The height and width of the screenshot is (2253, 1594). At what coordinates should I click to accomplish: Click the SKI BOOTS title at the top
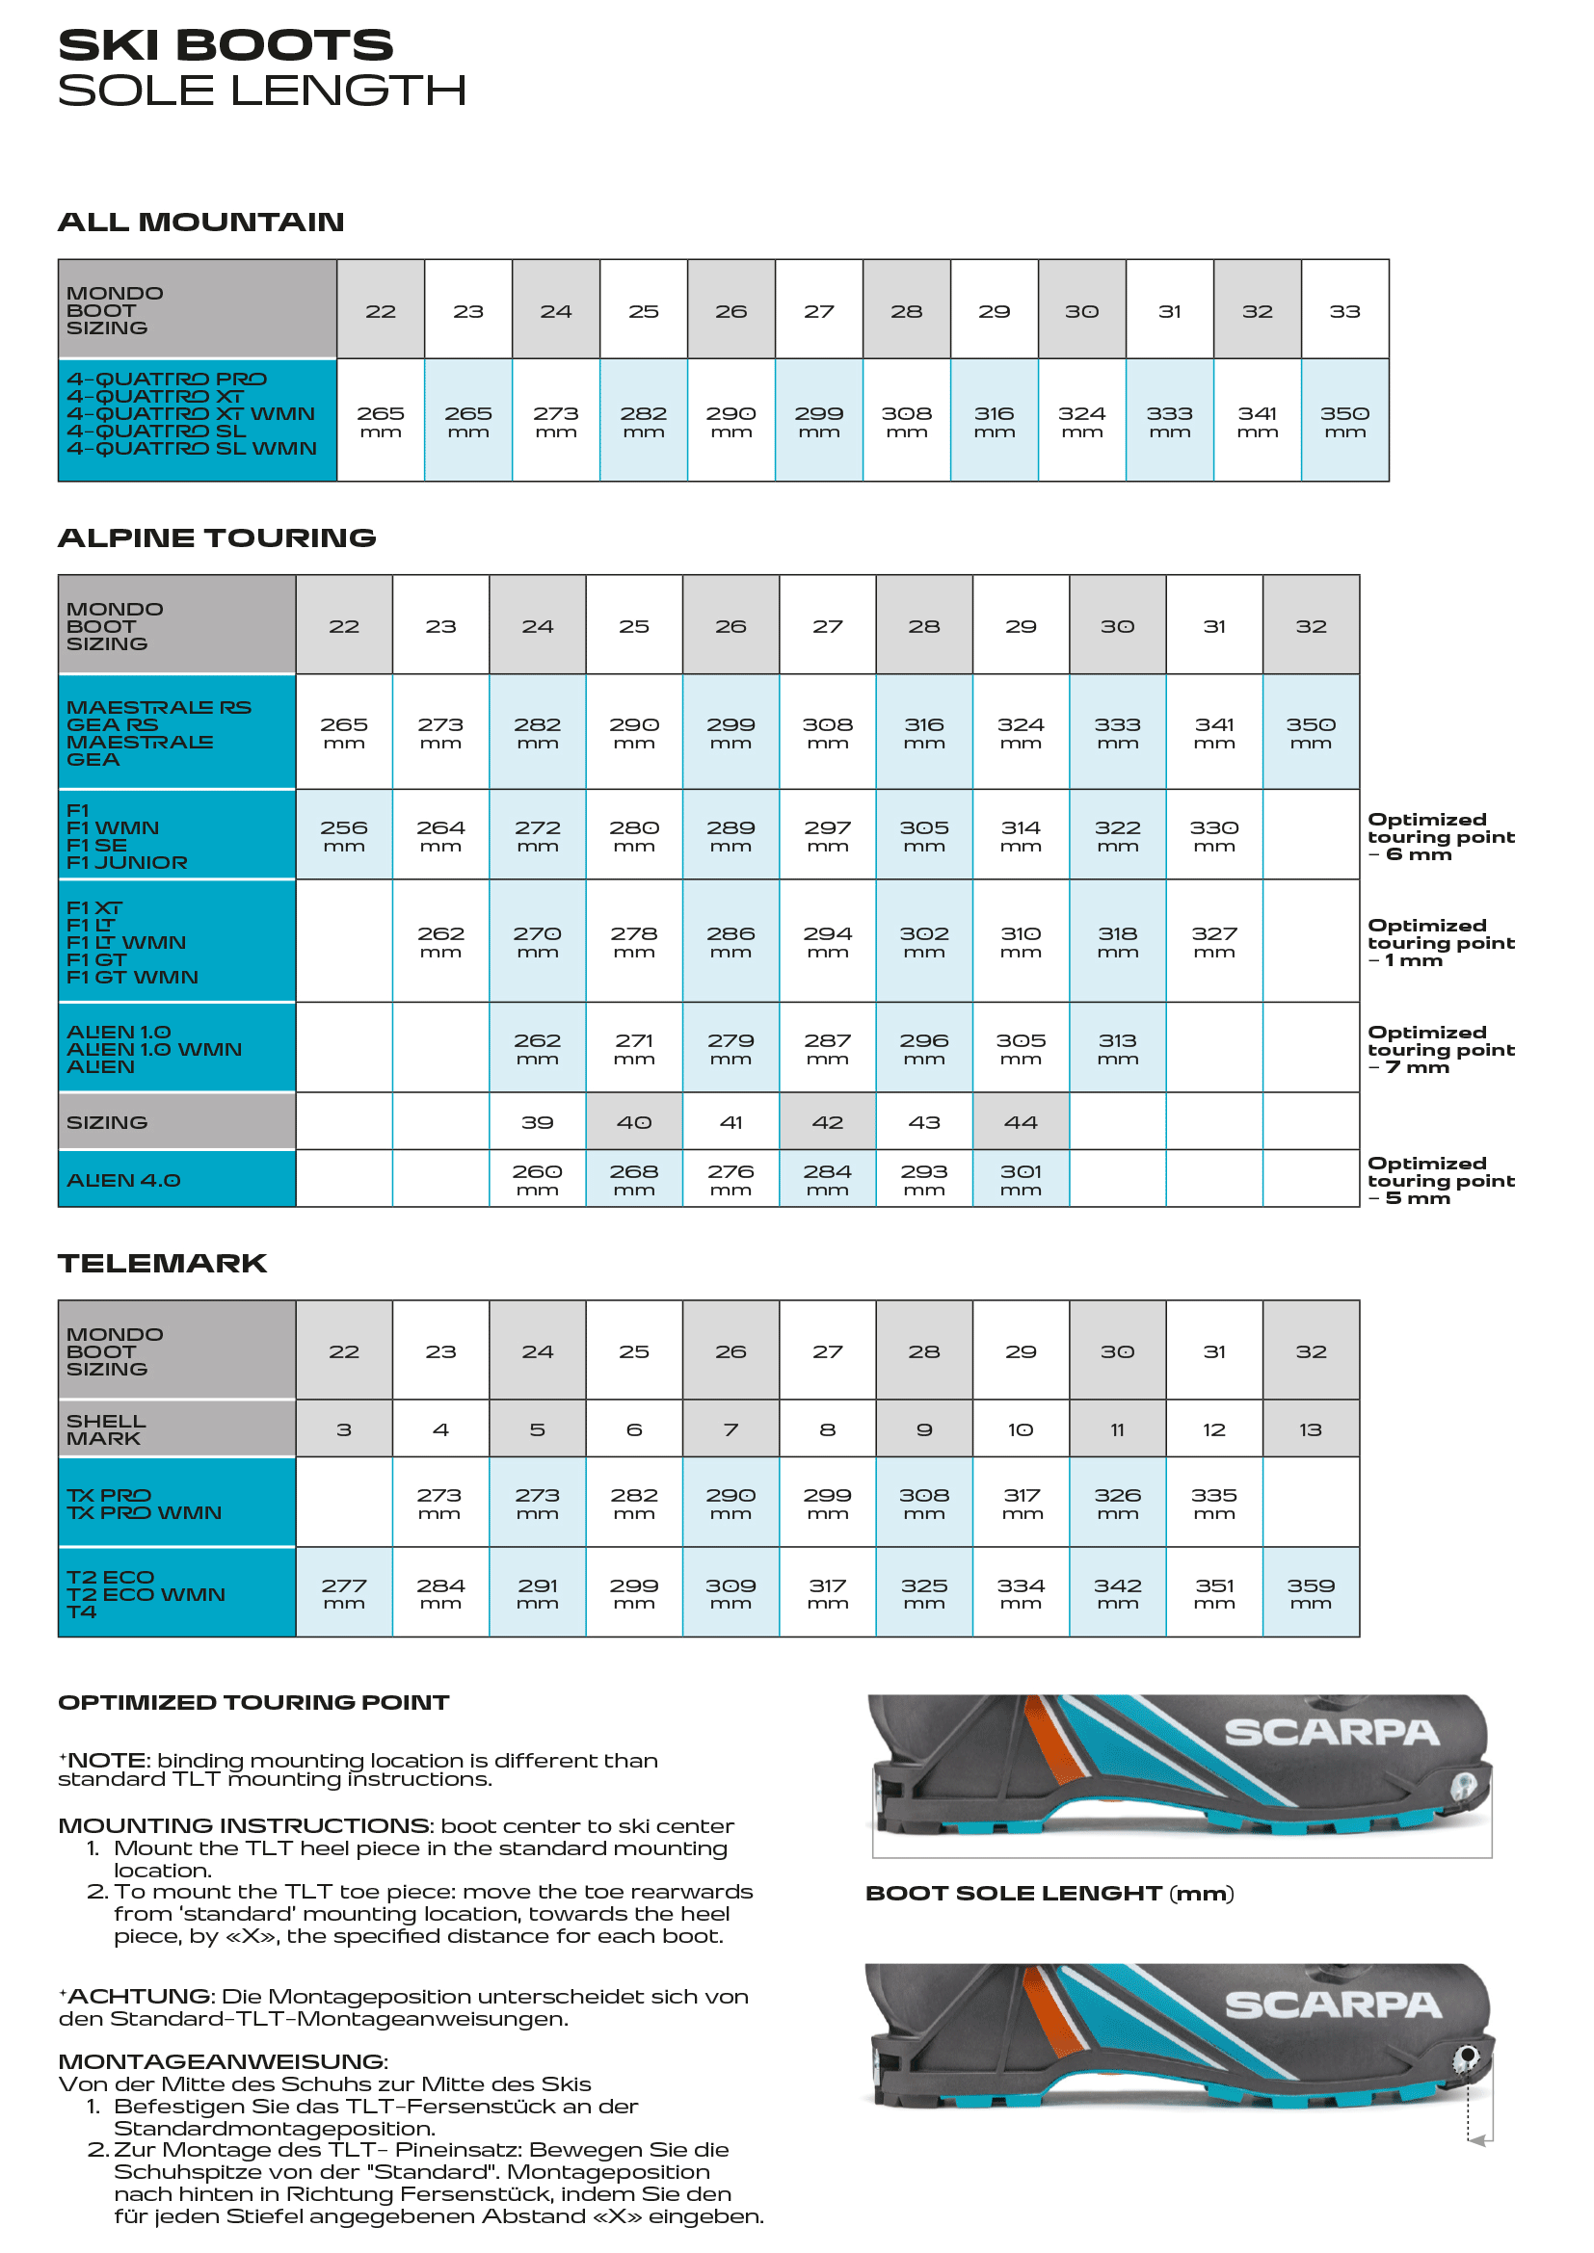pos(226,45)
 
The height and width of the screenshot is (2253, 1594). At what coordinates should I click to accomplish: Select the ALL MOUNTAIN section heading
pos(201,222)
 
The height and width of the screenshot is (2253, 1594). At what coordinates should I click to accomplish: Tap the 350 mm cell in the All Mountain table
pos(1343,421)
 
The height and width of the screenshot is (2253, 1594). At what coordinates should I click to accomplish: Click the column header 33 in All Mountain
pos(1343,311)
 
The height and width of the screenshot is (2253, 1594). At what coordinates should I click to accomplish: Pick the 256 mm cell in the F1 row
pos(343,835)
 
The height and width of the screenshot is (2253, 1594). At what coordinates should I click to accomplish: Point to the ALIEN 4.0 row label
pos(123,1180)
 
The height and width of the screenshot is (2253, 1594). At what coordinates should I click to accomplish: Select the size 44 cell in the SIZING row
pos(1020,1121)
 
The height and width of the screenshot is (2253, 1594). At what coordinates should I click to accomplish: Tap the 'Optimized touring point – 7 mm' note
pos(1440,1049)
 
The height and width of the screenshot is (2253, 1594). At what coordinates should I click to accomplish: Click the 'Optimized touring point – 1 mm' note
pos(1440,942)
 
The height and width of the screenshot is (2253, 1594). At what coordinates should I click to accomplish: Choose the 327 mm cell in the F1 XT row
pos(1214,941)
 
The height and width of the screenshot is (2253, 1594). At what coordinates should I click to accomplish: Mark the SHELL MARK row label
pos(106,1428)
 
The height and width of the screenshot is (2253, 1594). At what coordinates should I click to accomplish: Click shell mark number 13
pos(1311,1429)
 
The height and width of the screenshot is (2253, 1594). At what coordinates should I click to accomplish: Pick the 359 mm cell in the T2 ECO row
pos(1311,1592)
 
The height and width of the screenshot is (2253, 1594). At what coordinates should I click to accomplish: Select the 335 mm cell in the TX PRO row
pos(1214,1503)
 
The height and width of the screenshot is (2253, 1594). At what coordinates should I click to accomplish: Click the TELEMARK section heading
pos(162,1263)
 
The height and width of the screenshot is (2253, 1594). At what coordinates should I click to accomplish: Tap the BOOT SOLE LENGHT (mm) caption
pos(1049,1893)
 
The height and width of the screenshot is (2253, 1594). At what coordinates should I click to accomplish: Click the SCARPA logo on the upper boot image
pos(1331,1732)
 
